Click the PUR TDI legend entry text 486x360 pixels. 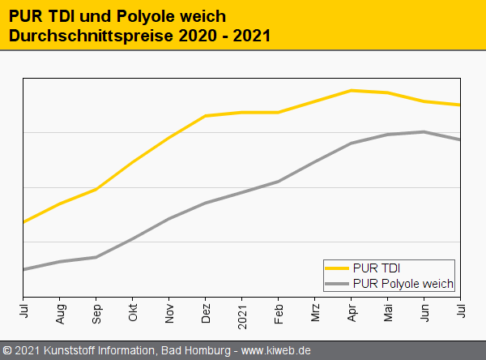point(377,268)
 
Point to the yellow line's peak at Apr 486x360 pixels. point(352,90)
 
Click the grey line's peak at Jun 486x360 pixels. point(424,131)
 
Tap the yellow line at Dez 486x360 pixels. point(206,116)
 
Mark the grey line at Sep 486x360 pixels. point(96,257)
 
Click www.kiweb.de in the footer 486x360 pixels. point(276,351)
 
